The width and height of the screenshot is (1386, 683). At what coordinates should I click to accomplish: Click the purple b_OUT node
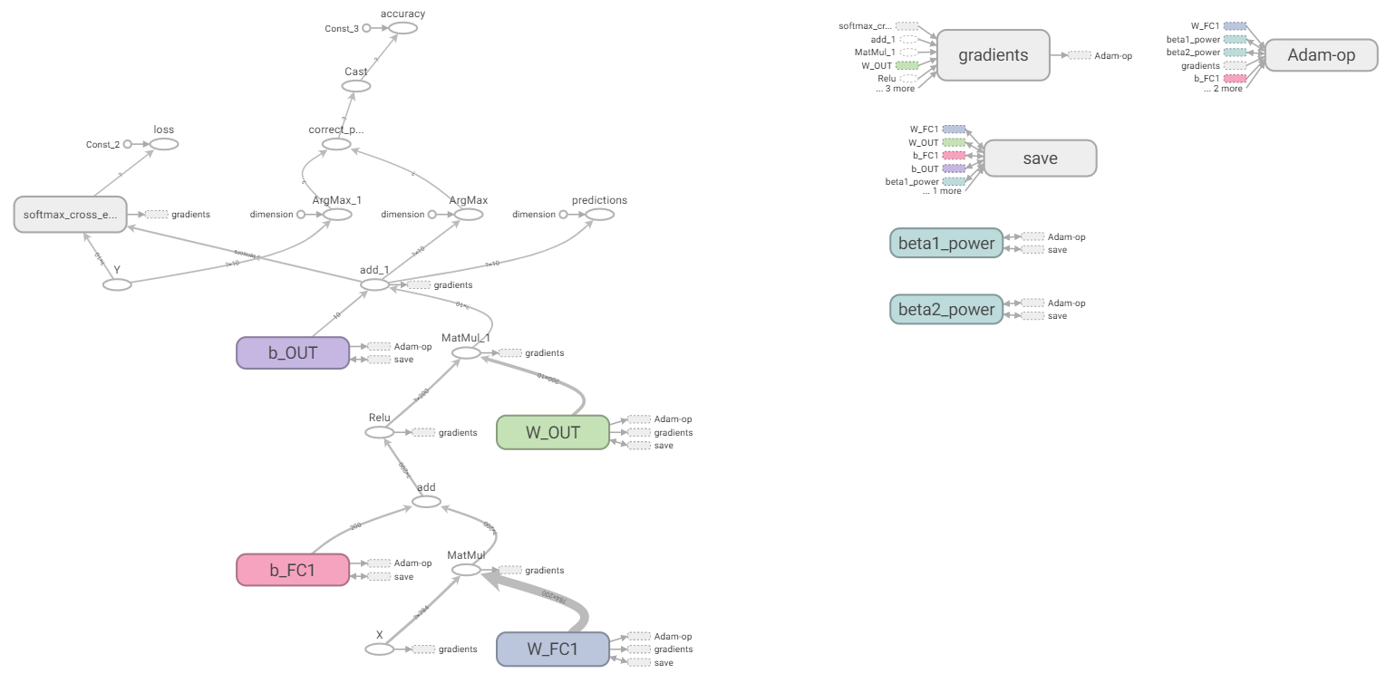(x=292, y=352)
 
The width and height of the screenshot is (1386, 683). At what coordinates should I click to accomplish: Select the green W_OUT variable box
(x=552, y=432)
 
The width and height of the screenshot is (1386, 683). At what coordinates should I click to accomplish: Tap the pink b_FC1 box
(x=292, y=570)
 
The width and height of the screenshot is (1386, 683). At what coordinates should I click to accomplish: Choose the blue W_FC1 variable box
(x=552, y=649)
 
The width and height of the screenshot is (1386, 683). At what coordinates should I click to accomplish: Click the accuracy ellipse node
(x=402, y=28)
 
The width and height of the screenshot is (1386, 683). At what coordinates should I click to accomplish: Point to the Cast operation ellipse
(x=356, y=86)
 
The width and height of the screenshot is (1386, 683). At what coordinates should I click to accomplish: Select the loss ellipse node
(x=164, y=144)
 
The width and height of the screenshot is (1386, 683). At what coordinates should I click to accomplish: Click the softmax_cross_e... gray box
(x=70, y=215)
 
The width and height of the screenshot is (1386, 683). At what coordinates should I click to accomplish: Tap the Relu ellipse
(x=380, y=432)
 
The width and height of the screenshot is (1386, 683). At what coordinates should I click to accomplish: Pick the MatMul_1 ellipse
(x=466, y=352)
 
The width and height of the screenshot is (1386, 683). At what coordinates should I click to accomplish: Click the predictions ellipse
(x=599, y=215)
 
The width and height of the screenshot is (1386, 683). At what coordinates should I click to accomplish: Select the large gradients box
(x=993, y=55)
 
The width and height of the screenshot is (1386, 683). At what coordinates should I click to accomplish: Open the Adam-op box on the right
(x=1321, y=55)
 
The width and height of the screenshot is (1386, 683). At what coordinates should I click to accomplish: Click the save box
(x=1040, y=159)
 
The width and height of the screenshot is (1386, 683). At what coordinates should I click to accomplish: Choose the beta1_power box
(x=946, y=243)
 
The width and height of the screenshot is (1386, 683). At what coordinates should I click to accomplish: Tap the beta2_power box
(x=946, y=310)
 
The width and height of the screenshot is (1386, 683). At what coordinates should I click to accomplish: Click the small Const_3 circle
(x=366, y=28)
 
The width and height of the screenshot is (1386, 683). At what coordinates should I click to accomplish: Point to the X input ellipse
(x=380, y=649)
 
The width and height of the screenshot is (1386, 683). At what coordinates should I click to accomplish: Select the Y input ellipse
(x=117, y=284)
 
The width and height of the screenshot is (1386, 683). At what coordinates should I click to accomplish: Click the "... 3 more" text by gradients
(x=895, y=89)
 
